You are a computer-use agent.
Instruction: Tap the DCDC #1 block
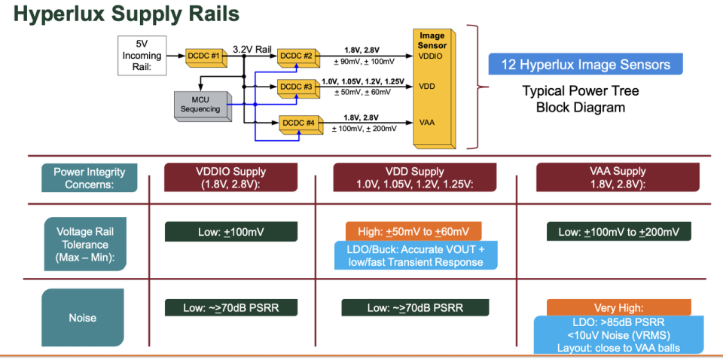(206, 55)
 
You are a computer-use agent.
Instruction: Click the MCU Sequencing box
(200, 104)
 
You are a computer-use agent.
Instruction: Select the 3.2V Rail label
(252, 48)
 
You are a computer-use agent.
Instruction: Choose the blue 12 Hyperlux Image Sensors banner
(585, 64)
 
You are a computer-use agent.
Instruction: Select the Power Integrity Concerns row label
(89, 178)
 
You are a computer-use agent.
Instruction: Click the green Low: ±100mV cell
(231, 232)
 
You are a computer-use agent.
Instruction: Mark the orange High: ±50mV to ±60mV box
(413, 232)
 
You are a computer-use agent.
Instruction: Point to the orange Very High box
(619, 307)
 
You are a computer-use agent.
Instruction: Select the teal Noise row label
(82, 317)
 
